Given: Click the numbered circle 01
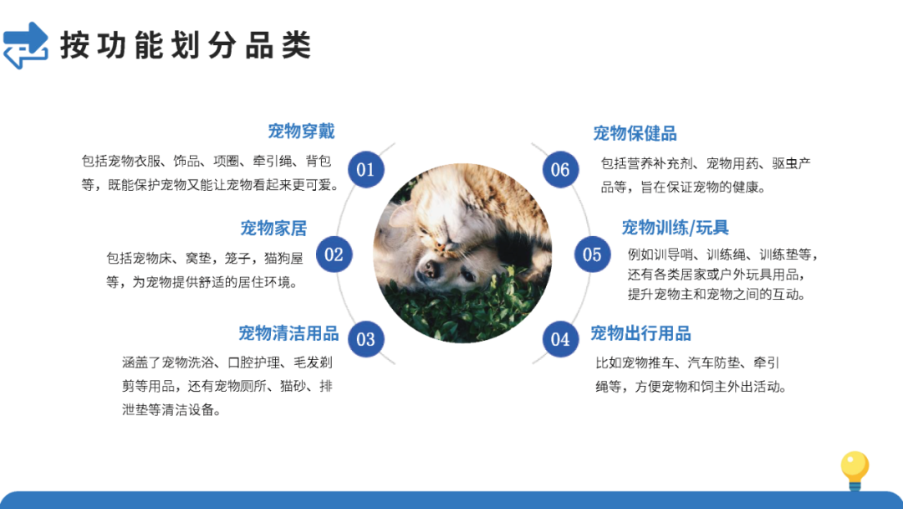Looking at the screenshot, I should [365, 170].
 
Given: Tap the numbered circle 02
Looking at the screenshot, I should [334, 254].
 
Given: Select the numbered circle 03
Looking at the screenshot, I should [365, 339].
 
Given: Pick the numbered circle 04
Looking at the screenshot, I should [560, 339].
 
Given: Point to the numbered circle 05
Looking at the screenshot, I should [592, 254].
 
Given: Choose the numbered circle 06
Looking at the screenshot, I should [560, 170].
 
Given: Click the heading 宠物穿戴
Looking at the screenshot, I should [301, 131].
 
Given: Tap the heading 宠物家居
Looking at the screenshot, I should [273, 228].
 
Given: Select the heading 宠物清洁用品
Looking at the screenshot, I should [288, 333].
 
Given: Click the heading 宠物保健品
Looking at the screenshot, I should [635, 133].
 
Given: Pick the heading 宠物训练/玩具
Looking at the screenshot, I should [675, 228].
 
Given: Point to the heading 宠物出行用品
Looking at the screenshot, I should [640, 333].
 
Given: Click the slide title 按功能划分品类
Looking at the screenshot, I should [186, 45].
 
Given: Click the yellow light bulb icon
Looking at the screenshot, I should [855, 470].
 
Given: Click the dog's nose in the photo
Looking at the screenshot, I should [429, 270].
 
